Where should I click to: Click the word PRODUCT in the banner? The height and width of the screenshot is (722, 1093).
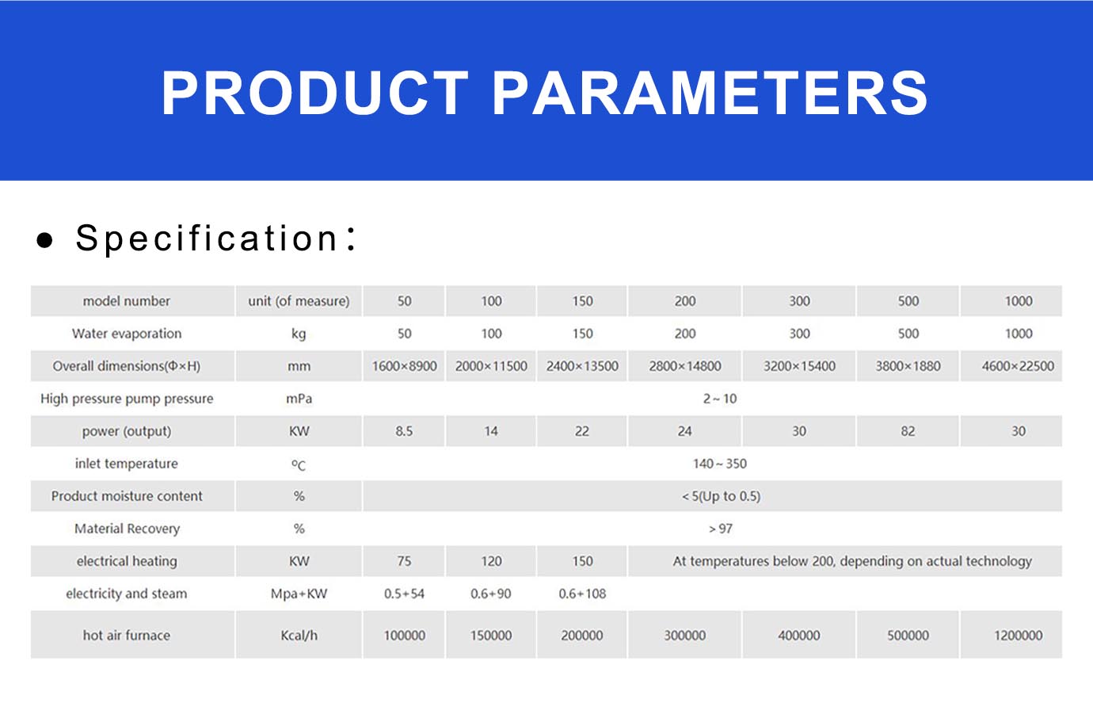pos(315,93)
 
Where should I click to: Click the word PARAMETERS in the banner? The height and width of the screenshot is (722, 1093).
pos(710,93)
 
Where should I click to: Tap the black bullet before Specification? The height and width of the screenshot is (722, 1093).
pos(45,240)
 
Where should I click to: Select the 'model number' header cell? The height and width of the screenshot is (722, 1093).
pos(127,300)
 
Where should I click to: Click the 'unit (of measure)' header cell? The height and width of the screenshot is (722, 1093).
pos(299,301)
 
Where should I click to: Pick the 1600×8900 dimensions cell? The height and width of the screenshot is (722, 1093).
pos(404,366)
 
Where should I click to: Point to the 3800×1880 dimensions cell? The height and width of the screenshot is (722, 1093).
pos(908,366)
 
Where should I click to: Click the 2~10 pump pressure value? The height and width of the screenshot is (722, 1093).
pos(720,399)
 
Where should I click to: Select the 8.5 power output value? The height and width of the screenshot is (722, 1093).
pos(404,431)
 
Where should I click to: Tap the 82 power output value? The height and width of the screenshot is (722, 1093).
pos(908,431)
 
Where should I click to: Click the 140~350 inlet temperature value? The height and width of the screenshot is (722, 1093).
pos(720,464)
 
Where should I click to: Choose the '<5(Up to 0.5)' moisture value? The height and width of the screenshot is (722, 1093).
pos(722,496)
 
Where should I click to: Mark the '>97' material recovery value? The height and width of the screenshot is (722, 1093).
pos(721,529)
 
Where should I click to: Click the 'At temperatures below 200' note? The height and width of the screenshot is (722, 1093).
pos(852,561)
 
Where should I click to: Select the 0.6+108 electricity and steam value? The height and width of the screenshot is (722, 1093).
pos(582,594)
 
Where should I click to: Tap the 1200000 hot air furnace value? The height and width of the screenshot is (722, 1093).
pos(1019,635)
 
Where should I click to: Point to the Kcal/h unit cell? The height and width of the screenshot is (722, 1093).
pos(299,636)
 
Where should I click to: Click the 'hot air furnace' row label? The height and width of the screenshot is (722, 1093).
pos(127,635)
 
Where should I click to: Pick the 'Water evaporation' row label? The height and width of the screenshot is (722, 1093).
pos(127,334)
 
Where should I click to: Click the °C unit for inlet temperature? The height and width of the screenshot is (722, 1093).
pos(299,464)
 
